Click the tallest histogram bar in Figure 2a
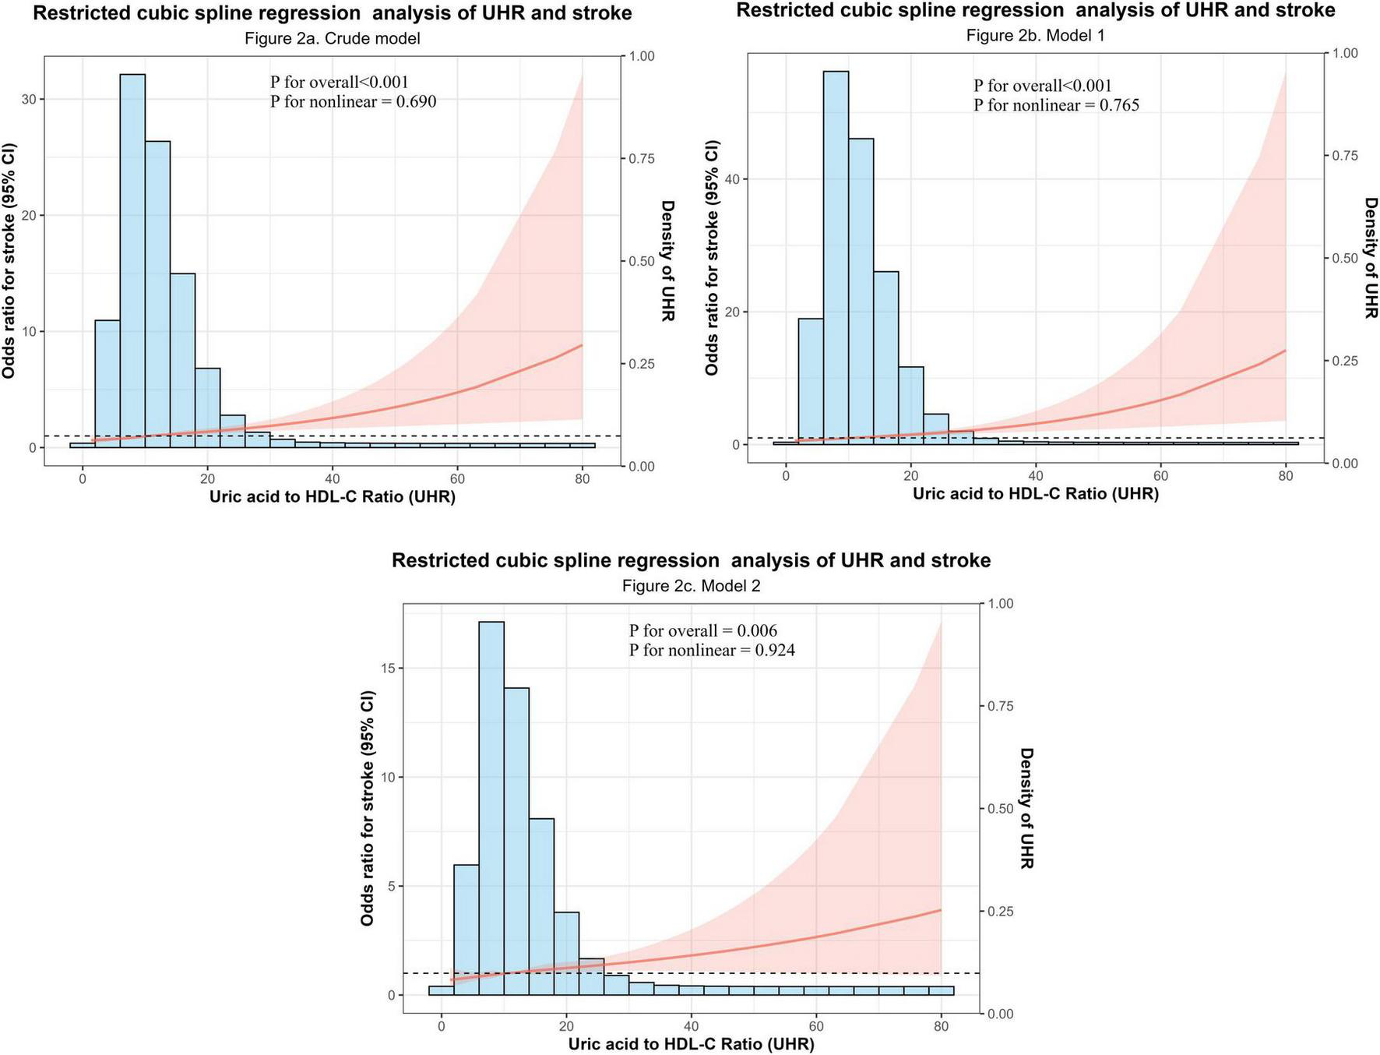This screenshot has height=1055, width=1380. pyautogui.click(x=132, y=257)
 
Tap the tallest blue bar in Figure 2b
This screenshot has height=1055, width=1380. pyautogui.click(x=836, y=257)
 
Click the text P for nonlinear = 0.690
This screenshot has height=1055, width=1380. pyautogui.click(x=353, y=101)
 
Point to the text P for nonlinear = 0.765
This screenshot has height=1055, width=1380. pyautogui.click(x=1056, y=105)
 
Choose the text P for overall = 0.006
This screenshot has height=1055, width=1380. pyautogui.click(x=702, y=630)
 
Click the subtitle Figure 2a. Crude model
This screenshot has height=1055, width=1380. pyautogui.click(x=332, y=38)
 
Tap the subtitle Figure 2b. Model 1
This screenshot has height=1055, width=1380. pyautogui.click(x=1035, y=36)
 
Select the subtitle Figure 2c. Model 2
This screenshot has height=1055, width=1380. pyautogui.click(x=691, y=586)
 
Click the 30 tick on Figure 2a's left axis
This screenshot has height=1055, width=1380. pyautogui.click(x=31, y=99)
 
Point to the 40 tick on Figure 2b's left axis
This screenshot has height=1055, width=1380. pyautogui.click(x=734, y=179)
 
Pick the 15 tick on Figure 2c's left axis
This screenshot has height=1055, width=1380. pyautogui.click(x=390, y=668)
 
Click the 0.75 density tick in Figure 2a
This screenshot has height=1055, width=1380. pyautogui.click(x=642, y=158)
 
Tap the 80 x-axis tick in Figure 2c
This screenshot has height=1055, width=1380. pyautogui.click(x=942, y=1027)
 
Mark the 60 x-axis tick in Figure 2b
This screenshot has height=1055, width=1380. pyautogui.click(x=1160, y=475)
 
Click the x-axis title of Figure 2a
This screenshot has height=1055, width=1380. pyautogui.click(x=332, y=497)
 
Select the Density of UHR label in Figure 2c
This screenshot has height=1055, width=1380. pyautogui.click(x=1026, y=808)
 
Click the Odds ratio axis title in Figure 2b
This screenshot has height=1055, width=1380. pyautogui.click(x=712, y=257)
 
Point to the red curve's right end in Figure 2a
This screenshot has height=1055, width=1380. pyautogui.click(x=582, y=344)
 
